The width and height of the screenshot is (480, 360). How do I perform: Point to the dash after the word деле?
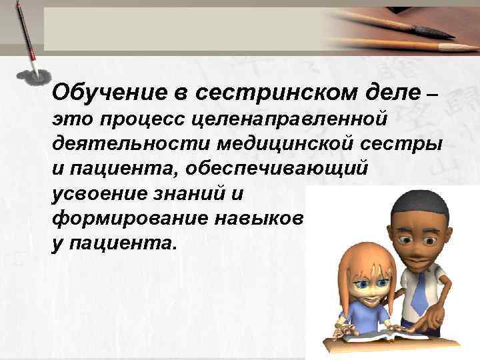click(x=431, y=93)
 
